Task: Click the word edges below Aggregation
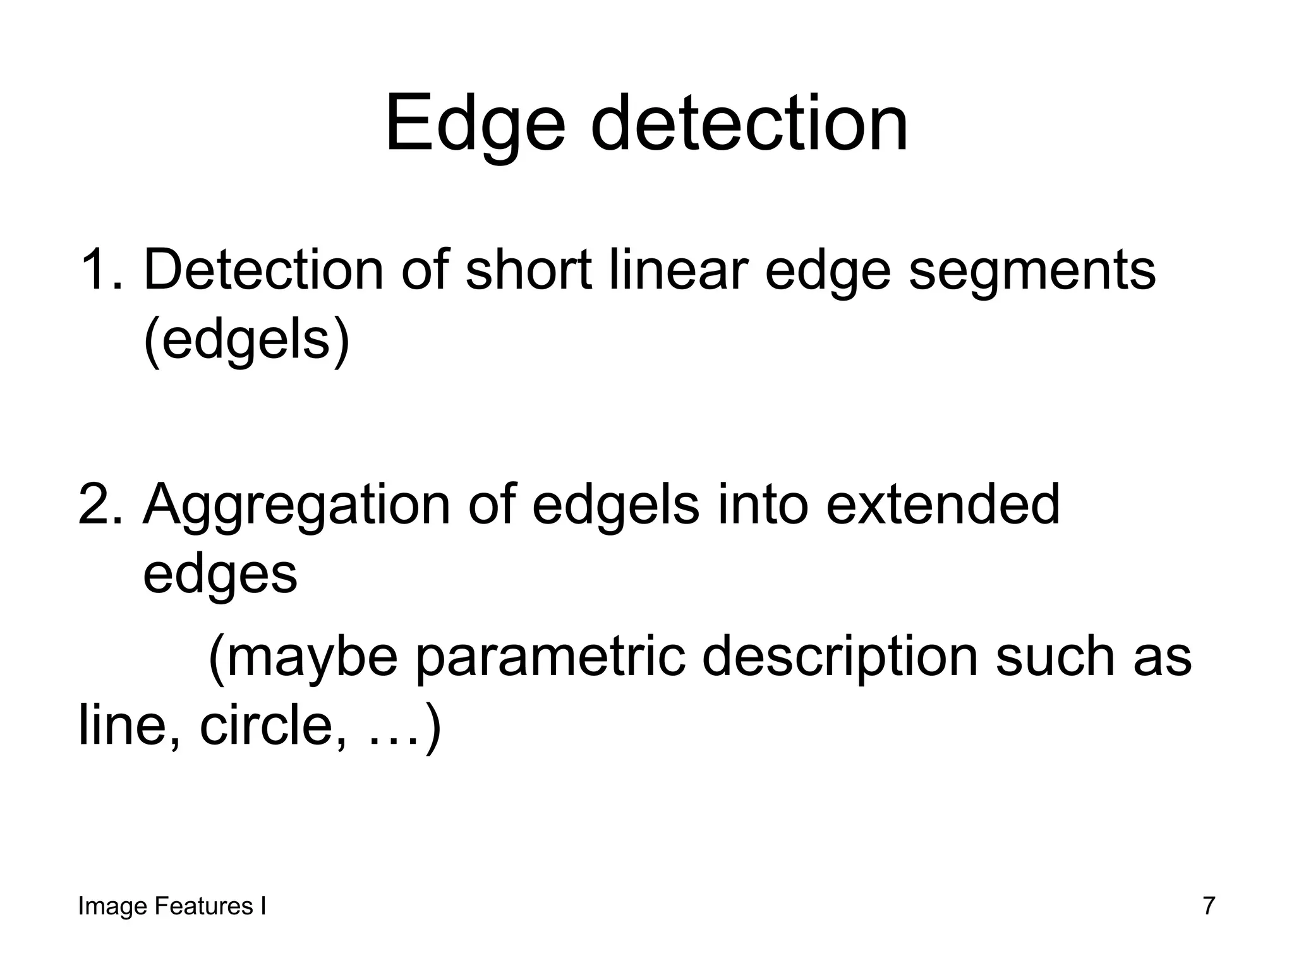220,575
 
